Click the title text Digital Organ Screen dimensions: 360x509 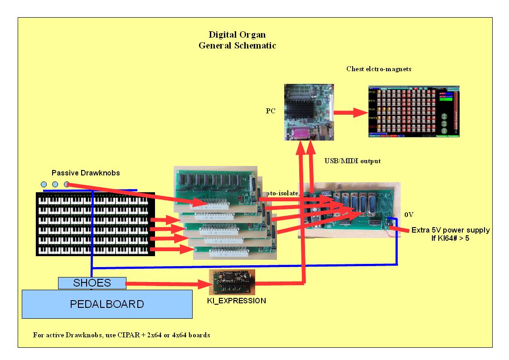(237, 34)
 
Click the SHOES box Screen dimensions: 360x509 (92, 283)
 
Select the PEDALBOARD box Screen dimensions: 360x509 (107, 304)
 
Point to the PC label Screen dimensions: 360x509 (271, 110)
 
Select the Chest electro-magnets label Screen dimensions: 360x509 (375, 69)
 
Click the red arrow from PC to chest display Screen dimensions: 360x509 (349, 112)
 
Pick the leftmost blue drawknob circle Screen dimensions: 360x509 (44, 185)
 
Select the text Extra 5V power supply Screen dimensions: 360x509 (450, 230)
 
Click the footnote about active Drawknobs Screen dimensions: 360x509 (121, 336)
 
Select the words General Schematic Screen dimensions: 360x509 (237, 46)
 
